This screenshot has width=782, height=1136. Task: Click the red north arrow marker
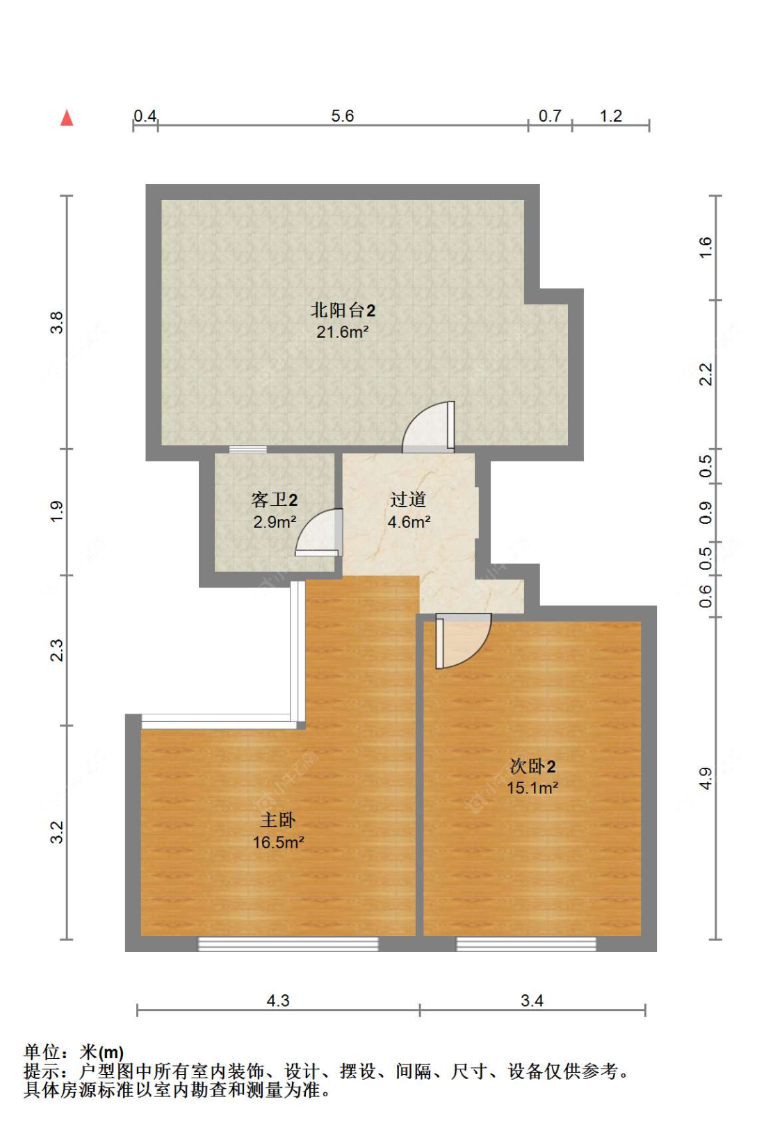click(67, 118)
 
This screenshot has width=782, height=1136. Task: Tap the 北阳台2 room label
click(343, 310)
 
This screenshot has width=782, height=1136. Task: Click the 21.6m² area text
click(342, 332)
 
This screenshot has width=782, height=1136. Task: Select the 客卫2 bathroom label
click(275, 500)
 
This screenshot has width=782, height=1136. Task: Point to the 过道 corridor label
click(408, 500)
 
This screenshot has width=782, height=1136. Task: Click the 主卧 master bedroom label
click(278, 820)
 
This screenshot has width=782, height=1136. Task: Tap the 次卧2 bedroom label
click(532, 766)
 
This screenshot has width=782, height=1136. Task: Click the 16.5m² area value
click(278, 843)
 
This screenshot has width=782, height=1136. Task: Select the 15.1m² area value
click(532, 788)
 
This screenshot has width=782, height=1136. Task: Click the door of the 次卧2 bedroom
click(462, 641)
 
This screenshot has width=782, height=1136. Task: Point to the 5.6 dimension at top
click(343, 116)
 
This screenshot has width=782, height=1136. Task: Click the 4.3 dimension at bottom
click(278, 1001)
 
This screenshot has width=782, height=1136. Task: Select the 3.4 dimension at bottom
click(532, 1001)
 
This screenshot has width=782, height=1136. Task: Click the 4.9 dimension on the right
click(706, 778)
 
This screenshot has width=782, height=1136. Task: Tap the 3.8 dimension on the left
click(57, 322)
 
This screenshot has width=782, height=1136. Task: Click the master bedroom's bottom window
click(288, 944)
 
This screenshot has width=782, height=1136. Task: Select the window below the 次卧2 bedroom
click(526, 944)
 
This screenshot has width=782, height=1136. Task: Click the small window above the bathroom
click(248, 450)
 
